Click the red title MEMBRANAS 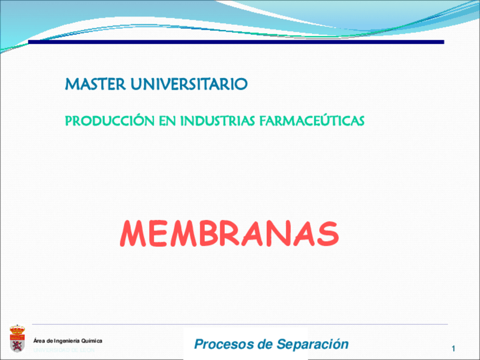tap(229, 233)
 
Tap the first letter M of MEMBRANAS tap(132, 233)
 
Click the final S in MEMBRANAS tap(329, 233)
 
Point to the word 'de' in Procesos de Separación tap(264, 344)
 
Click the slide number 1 tap(453, 348)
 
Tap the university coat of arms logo tap(17, 338)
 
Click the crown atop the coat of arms tap(17, 328)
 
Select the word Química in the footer tap(92, 341)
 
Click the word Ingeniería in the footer tap(66, 341)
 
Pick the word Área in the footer tap(39, 341)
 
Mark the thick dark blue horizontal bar tap(236, 42)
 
